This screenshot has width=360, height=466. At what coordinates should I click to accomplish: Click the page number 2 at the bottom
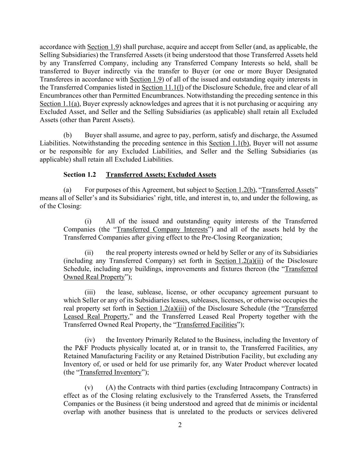point(180,425)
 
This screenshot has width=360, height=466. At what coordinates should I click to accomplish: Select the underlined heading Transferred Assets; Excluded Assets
point(161,175)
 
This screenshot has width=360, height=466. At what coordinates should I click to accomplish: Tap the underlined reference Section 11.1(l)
point(162,87)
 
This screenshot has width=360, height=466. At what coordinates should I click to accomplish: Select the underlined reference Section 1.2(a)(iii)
point(161,309)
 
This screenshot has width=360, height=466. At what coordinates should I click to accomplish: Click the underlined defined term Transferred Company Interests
point(162,229)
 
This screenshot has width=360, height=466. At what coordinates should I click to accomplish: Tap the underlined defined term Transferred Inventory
point(110,372)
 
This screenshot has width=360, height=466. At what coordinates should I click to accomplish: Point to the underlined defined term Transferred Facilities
point(206,325)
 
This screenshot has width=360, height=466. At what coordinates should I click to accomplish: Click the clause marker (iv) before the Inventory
point(90,340)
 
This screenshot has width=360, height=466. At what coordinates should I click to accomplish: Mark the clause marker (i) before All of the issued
point(88,221)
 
